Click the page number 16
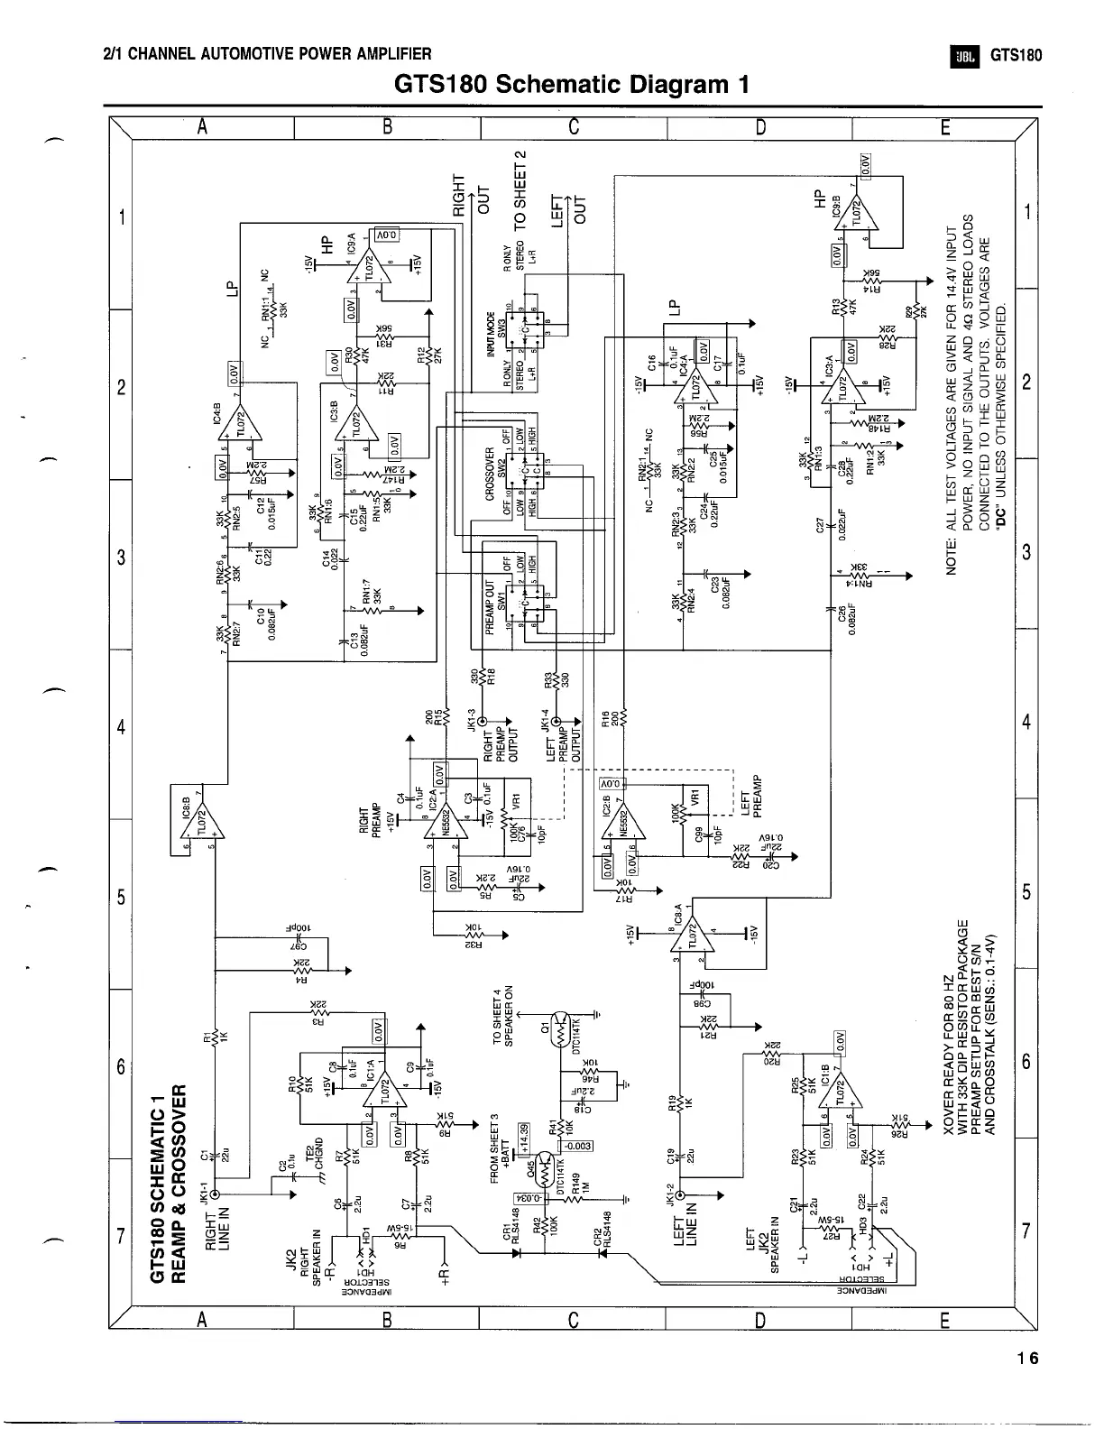click(1026, 1359)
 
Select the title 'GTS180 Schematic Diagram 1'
click(572, 85)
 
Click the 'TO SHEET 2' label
click(520, 191)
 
